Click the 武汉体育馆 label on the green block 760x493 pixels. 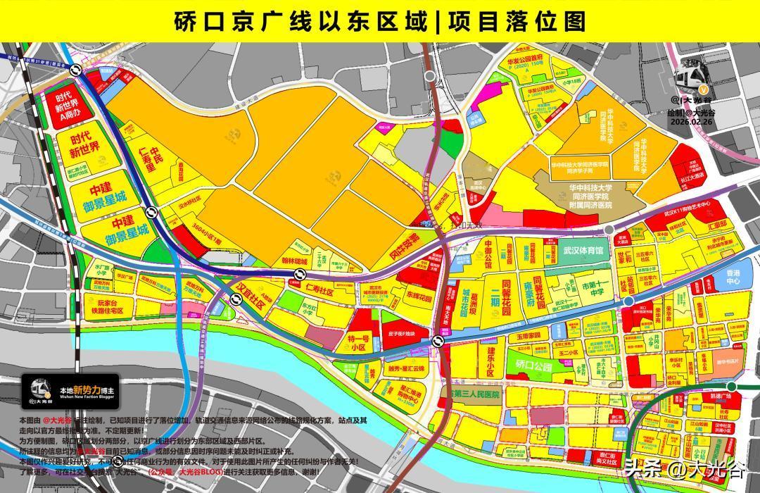pos(583,250)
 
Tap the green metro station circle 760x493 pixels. pos(732,386)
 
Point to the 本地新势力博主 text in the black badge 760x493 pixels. pos(87,389)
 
